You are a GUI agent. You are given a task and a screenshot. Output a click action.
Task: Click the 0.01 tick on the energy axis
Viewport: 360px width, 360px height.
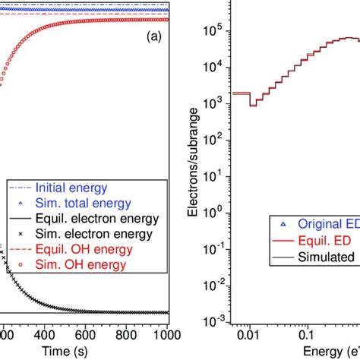tap(242, 333)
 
